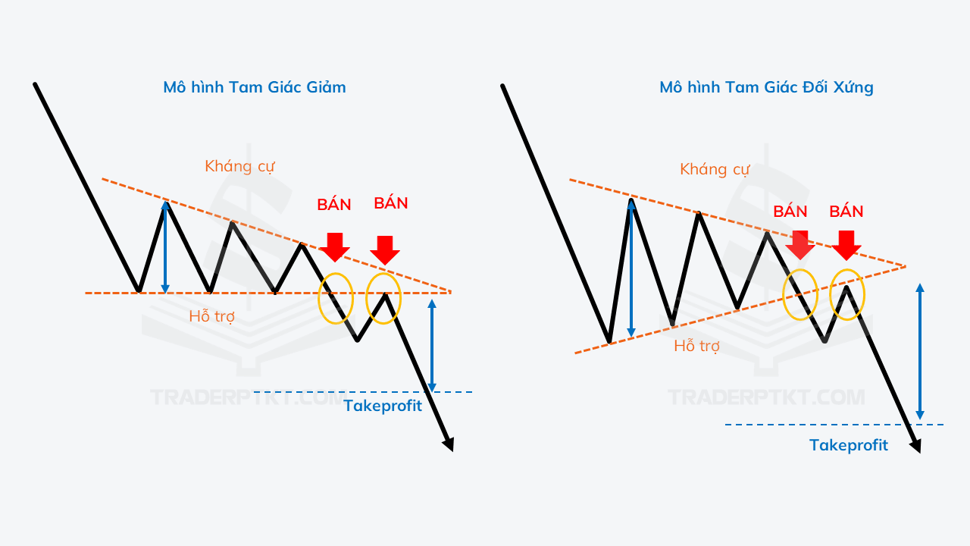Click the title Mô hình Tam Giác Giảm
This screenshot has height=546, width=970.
click(x=255, y=87)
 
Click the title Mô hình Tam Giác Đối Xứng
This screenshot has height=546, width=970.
click(x=766, y=87)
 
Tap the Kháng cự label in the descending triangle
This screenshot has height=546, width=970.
click(x=239, y=166)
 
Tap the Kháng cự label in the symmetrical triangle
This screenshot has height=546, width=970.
click(x=715, y=169)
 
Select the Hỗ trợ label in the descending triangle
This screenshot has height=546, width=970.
click(x=211, y=316)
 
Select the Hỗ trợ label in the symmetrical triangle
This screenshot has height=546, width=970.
click(x=696, y=345)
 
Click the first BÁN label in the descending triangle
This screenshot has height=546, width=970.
click(x=334, y=204)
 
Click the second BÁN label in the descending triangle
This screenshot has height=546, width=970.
click(x=391, y=202)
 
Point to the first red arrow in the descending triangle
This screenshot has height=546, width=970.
click(x=335, y=247)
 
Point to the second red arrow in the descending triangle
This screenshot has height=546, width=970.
click(x=384, y=250)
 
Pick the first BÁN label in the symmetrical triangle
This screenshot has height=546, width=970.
click(x=790, y=212)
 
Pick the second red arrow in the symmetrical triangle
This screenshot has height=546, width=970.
click(x=846, y=246)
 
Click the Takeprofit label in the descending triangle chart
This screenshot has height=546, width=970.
click(x=383, y=406)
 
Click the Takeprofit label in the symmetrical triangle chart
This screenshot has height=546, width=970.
click(x=849, y=445)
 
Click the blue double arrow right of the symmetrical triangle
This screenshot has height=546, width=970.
click(x=920, y=351)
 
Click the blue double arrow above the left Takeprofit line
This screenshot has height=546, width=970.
click(x=432, y=345)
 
